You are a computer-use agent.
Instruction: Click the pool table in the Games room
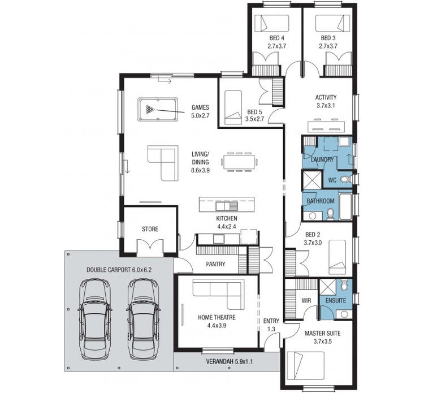click(x=157, y=109)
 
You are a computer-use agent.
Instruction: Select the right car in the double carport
click(x=141, y=319)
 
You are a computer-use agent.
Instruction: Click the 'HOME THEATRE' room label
click(x=217, y=317)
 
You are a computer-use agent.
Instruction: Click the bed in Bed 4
click(x=272, y=23)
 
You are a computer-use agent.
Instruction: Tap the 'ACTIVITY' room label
click(x=326, y=97)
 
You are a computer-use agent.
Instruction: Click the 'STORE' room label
click(x=150, y=229)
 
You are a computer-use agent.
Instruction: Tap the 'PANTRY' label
click(x=215, y=264)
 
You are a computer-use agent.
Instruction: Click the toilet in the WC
click(x=346, y=179)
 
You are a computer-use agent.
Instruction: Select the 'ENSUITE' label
click(x=335, y=300)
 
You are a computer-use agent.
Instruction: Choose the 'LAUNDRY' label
click(x=322, y=160)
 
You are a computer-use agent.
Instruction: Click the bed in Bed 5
click(x=232, y=108)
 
